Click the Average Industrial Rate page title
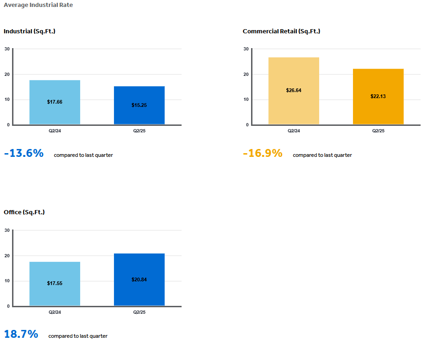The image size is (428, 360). [38, 5]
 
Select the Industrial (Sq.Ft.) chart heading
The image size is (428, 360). [30, 31]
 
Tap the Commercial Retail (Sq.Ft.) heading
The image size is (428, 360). [281, 31]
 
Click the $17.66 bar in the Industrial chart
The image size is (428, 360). [55, 102]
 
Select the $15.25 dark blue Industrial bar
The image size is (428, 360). [139, 105]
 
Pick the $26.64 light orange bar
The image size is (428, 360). [294, 91]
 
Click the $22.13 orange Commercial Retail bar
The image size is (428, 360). [378, 96]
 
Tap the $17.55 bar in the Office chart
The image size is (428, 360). [55, 284]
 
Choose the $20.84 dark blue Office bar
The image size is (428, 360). [139, 279]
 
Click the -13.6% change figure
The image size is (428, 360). [24, 154]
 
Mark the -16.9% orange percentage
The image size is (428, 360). [263, 154]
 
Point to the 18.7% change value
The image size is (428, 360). [21, 335]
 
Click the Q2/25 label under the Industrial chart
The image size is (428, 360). [139, 131]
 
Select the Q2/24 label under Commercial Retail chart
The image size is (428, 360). [294, 131]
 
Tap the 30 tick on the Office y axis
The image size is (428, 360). [7, 230]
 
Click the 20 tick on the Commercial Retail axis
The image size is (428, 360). [246, 74]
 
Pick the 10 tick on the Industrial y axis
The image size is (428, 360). [7, 99]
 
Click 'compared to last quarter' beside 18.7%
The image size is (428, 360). [78, 336]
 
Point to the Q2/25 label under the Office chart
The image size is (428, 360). [139, 312]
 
